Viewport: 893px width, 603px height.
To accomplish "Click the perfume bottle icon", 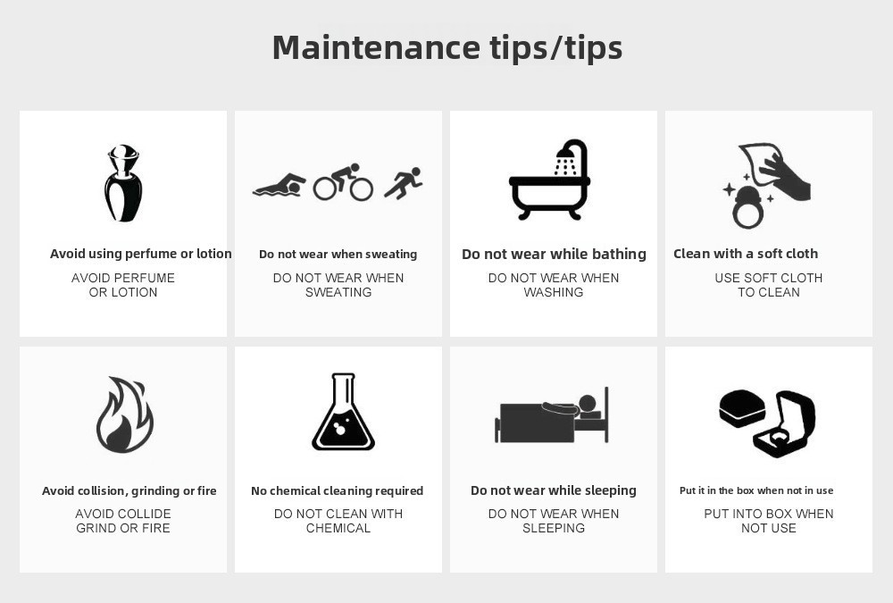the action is (123, 183).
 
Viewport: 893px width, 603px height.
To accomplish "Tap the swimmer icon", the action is (279, 186).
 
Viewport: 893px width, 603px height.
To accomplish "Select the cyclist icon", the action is (343, 182).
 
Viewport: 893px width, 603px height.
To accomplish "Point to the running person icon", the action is (404, 183).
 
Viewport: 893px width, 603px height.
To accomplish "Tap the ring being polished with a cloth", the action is (747, 207).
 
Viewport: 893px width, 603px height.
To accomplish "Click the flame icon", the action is (125, 415).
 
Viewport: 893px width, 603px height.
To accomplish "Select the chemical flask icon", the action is (343, 412).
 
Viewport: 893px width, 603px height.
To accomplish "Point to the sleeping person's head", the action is (588, 404).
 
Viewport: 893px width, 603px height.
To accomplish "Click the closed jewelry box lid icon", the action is (741, 408).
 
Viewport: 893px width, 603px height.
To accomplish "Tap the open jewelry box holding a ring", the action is (784, 423).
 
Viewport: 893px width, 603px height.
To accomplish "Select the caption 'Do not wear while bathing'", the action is (554, 254).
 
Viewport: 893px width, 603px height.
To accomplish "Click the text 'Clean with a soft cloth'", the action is (746, 254).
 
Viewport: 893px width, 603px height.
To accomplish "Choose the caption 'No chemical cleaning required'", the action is (338, 490).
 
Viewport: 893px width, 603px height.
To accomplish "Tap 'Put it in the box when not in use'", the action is (756, 490).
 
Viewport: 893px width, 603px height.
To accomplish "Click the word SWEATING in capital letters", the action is (338, 292).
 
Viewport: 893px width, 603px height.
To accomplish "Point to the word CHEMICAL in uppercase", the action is (338, 528).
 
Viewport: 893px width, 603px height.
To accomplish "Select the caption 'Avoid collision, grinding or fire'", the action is (129, 490).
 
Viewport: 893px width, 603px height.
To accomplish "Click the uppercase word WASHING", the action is (554, 292).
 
